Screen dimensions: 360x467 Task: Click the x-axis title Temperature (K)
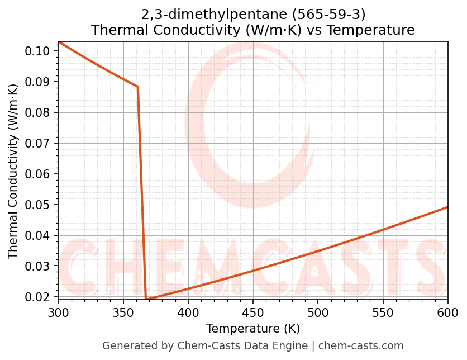[x=253, y=328]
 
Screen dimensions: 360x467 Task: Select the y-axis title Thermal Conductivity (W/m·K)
[x=13, y=171]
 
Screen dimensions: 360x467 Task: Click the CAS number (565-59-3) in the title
[x=332, y=13]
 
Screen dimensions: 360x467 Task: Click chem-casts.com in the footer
[x=361, y=346]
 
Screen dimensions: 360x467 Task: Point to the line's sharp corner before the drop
[x=137, y=87]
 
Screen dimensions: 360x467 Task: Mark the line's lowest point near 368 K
[x=146, y=299]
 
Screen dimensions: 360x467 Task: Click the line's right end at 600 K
[x=447, y=207]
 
